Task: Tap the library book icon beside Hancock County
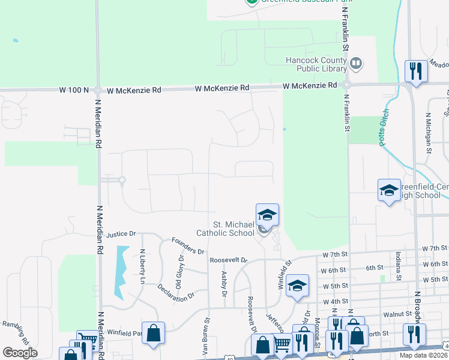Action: pyautogui.click(x=355, y=63)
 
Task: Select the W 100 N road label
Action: pyautogui.click(x=74, y=90)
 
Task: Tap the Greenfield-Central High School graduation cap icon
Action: pyautogui.click(x=389, y=190)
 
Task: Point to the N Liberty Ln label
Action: pyautogui.click(x=142, y=266)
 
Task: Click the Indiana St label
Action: pyautogui.click(x=397, y=269)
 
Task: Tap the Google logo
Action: pyautogui.click(x=20, y=353)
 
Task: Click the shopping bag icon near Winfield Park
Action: pyautogui.click(x=154, y=333)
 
